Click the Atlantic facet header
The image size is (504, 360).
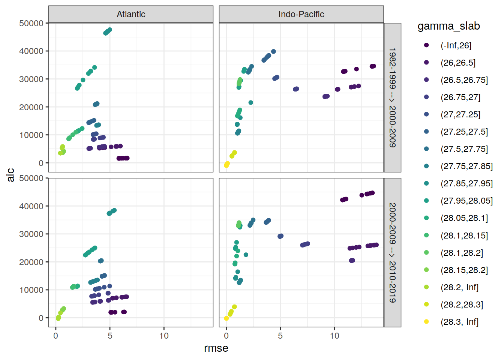tap(131, 14)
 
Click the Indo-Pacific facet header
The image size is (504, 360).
tap(301, 14)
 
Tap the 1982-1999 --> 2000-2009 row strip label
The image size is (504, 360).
tap(392, 97)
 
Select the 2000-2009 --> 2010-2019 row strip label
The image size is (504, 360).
tap(392, 252)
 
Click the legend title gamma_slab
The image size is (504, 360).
tap(448, 26)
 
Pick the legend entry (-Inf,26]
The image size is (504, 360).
tap(456, 45)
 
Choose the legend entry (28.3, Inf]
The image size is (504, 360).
tap(459, 322)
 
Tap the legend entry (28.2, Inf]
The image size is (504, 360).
tap(459, 287)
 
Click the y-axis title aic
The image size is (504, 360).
tap(10, 175)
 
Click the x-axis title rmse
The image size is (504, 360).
tap(216, 348)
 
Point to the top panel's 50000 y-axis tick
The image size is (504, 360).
tap(31, 23)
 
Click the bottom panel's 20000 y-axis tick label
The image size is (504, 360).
tap(31, 262)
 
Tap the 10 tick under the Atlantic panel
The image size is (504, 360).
tap(164, 336)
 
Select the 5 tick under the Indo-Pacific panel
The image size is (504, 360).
tap(280, 336)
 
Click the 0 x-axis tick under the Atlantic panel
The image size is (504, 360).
tap(56, 336)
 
